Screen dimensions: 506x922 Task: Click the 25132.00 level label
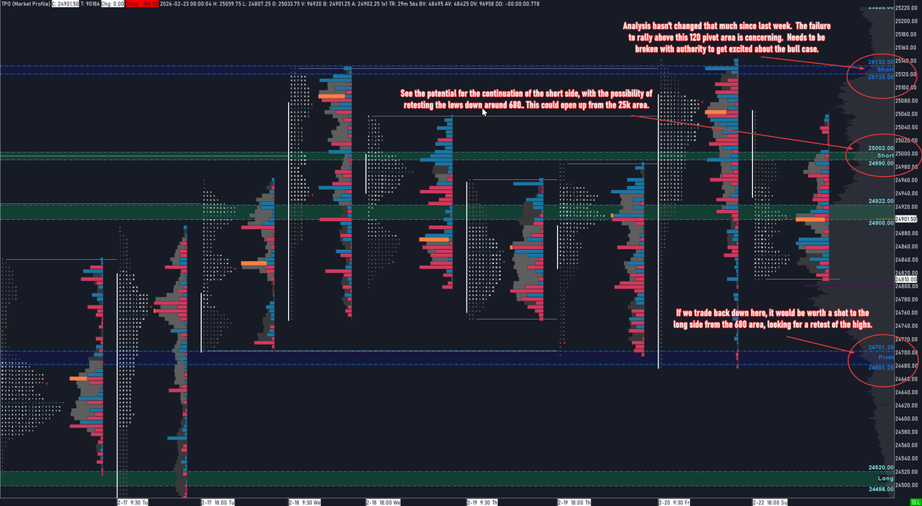(881, 62)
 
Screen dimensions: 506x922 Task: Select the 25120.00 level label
(881, 77)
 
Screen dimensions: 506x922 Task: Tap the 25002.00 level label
(881, 148)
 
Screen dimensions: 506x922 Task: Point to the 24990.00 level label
(881, 163)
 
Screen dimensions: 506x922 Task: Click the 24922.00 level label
(881, 201)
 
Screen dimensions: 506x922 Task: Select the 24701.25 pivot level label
(881, 348)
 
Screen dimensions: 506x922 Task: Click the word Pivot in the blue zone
(886, 358)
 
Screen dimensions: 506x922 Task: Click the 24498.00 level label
(881, 488)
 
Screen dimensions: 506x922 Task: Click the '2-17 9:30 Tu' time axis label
(132, 501)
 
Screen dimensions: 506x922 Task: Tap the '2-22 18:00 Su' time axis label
(770, 501)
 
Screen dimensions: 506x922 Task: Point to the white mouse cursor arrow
(484, 112)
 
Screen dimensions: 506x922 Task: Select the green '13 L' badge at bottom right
(915, 501)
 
